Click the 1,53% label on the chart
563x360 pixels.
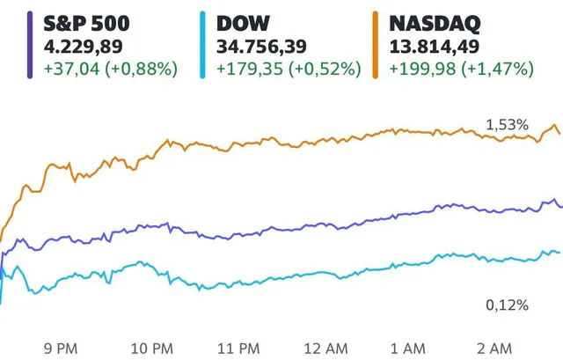508,125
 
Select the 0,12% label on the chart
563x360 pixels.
508,305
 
